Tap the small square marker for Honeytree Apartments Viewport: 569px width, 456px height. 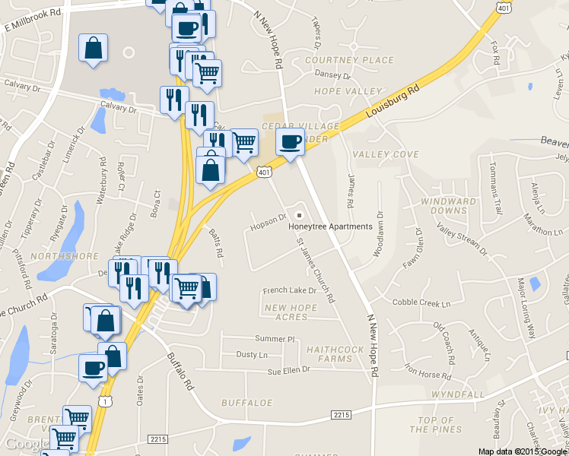(x=299, y=214)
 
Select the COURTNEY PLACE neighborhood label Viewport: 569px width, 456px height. (x=349, y=60)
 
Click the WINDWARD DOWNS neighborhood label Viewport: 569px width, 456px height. (x=448, y=205)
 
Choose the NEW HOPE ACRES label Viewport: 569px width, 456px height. (x=290, y=312)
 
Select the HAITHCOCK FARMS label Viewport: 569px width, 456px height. (x=329, y=353)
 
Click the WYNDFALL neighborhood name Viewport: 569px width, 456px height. (x=457, y=395)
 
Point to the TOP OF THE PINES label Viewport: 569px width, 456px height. (x=436, y=425)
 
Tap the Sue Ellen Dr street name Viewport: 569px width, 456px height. (x=289, y=370)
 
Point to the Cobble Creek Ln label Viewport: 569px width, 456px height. (x=421, y=302)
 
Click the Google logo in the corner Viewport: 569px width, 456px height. (x=28, y=444)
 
